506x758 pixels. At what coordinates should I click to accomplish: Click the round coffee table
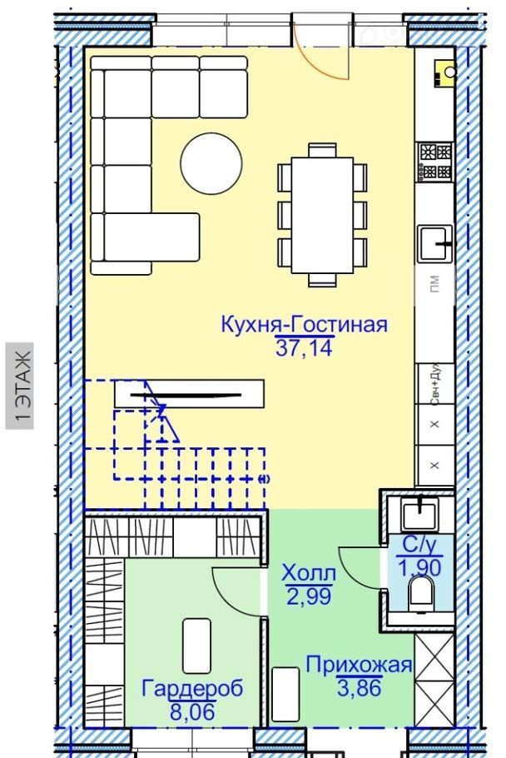point(211,163)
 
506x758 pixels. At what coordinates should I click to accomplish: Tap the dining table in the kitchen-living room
point(322,215)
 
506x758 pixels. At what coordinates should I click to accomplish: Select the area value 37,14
point(304,347)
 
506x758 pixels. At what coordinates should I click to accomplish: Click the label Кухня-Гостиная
point(304,324)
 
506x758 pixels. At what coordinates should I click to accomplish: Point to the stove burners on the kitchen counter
point(435,162)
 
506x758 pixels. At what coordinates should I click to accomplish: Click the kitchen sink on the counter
point(435,243)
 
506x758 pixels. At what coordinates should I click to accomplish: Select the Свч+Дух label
point(434,384)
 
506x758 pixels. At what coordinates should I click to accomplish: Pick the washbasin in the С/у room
point(420,515)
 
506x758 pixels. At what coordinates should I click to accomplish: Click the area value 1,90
point(419,567)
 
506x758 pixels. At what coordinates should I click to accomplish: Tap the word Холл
point(309,573)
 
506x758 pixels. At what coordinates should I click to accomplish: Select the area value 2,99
point(309,596)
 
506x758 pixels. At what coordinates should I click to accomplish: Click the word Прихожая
point(360,665)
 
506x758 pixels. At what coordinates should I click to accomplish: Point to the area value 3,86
point(360,687)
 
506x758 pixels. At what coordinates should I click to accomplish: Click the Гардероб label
point(192,688)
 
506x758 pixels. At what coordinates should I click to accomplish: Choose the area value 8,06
point(192,711)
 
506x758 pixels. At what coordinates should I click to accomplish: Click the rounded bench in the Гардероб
point(196,646)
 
